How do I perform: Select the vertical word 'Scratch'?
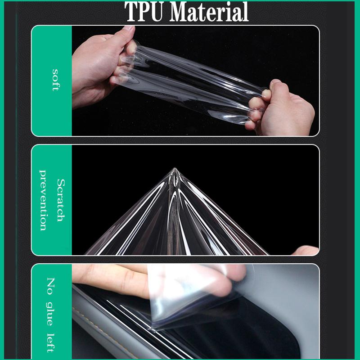(x=60, y=200)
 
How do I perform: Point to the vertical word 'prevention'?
(x=44, y=200)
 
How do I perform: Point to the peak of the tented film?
(x=175, y=170)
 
